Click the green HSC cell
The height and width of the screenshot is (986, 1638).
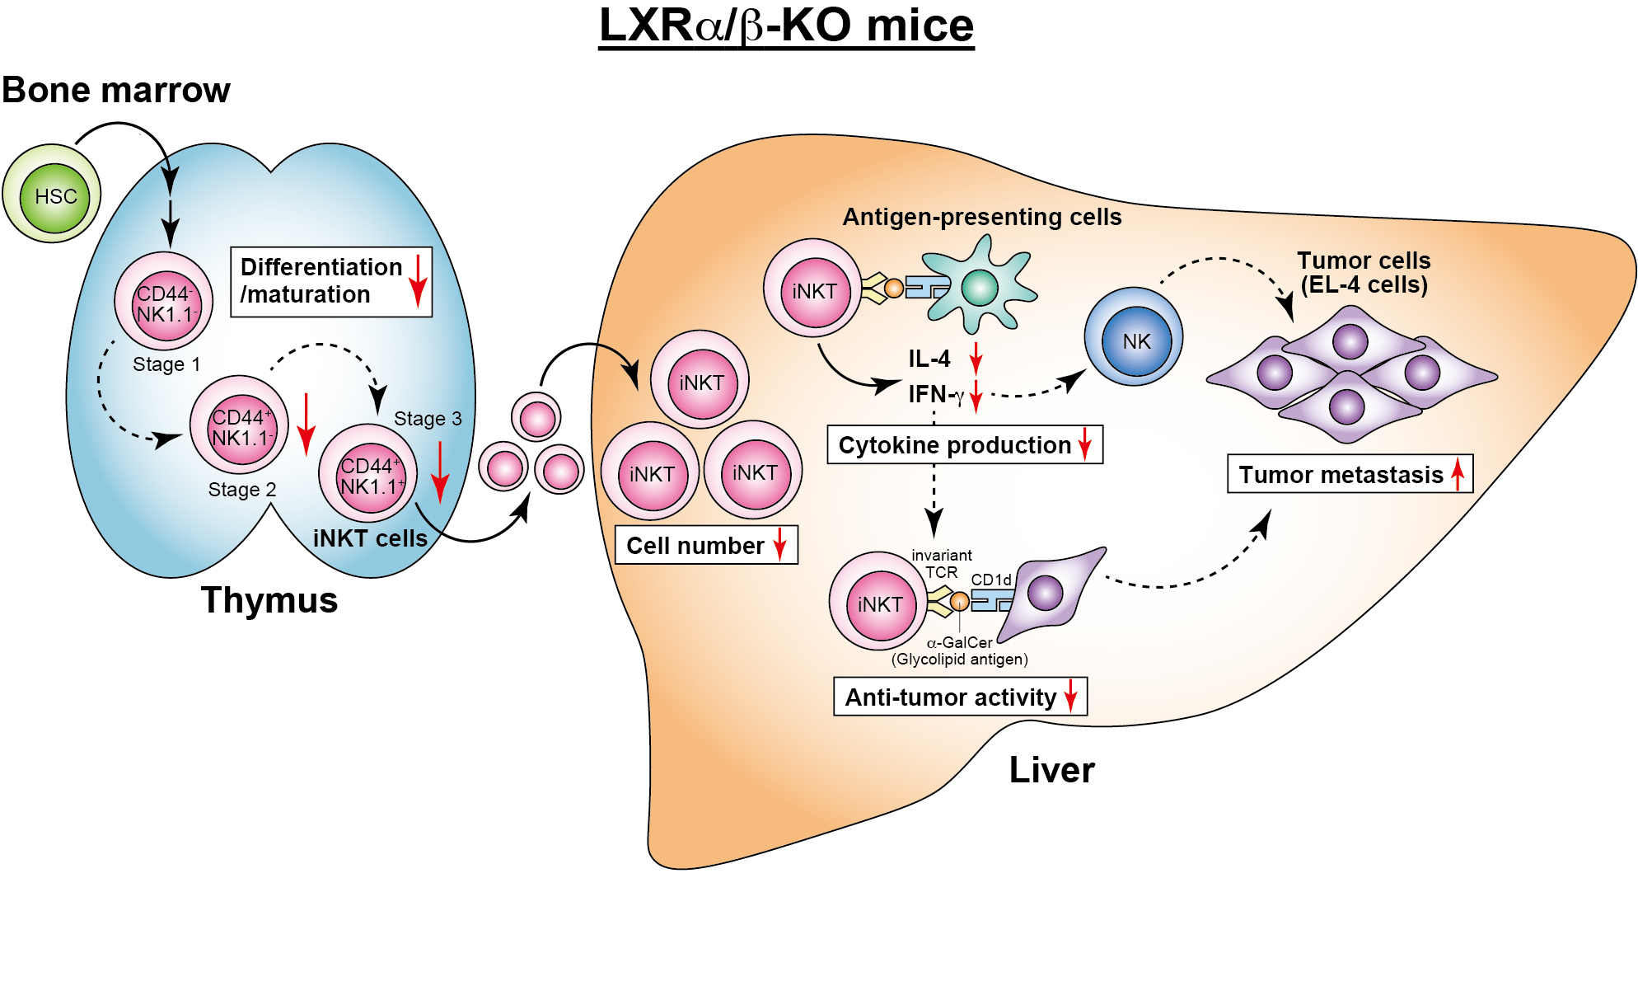click(54, 196)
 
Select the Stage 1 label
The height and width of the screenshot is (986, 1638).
click(166, 364)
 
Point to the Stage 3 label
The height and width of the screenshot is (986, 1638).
click(428, 418)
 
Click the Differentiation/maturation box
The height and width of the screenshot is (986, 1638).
click(330, 281)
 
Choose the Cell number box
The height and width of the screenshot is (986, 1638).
click(706, 545)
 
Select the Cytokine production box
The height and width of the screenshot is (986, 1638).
click(964, 445)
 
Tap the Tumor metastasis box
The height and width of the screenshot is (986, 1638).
click(1350, 474)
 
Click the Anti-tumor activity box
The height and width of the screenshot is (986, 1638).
click(960, 697)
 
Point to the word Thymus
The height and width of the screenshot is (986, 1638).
click(269, 600)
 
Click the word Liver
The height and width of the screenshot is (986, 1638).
click(1051, 770)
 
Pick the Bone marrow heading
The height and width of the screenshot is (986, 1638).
click(116, 90)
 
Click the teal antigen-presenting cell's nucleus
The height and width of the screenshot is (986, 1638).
click(980, 288)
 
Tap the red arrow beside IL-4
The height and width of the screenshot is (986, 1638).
click(976, 359)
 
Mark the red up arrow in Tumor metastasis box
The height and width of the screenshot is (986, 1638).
click(1458, 474)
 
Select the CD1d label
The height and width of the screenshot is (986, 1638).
click(991, 580)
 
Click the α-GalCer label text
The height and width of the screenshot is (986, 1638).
click(960, 642)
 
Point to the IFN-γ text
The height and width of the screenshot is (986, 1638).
click(936, 394)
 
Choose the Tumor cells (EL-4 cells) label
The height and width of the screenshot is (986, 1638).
click(1364, 272)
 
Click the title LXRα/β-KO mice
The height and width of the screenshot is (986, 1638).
click(786, 26)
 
